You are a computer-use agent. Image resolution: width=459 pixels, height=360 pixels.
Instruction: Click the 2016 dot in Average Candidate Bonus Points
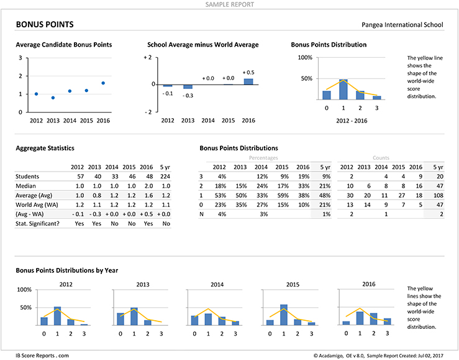pyautogui.click(x=103, y=83)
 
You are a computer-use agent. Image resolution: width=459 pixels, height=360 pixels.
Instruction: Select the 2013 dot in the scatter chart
pyautogui.click(x=53, y=98)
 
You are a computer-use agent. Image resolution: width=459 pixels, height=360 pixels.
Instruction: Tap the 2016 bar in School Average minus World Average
pyautogui.click(x=248, y=81)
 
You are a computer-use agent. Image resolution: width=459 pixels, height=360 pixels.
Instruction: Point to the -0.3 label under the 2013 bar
pyautogui.click(x=188, y=96)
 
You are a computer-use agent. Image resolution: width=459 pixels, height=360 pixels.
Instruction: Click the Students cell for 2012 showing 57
pyautogui.click(x=81, y=177)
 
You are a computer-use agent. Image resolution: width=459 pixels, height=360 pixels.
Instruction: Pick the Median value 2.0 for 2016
pyautogui.click(x=148, y=186)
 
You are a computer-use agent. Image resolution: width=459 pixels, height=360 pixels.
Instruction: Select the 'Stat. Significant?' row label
pyautogui.click(x=37, y=223)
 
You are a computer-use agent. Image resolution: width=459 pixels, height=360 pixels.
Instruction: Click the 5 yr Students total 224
pyautogui.click(x=165, y=177)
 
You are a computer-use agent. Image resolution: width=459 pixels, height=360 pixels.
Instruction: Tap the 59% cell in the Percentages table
pyautogui.click(x=283, y=195)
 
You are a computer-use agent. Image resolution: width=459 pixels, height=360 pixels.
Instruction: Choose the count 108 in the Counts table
pyautogui.click(x=439, y=195)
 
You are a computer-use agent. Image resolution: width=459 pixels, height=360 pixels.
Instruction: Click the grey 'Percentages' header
pyautogui.click(x=263, y=158)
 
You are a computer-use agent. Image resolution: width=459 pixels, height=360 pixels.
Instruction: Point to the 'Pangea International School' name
pyautogui.click(x=402, y=25)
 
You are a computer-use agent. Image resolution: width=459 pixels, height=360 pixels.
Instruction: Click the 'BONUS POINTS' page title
pyautogui.click(x=45, y=25)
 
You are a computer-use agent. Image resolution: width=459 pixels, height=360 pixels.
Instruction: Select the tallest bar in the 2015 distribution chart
pyautogui.click(x=284, y=315)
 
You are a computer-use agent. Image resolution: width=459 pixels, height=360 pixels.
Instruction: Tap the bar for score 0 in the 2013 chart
pyautogui.click(x=120, y=319)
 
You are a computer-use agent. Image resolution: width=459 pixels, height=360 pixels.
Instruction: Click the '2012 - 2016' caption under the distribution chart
pyautogui.click(x=352, y=121)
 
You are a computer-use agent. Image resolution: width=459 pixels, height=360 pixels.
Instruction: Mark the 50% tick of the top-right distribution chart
pyautogui.click(x=306, y=78)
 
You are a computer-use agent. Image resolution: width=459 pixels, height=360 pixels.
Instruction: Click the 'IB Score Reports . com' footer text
pyautogui.click(x=42, y=356)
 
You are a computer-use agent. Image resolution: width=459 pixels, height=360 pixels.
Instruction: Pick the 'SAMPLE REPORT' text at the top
pyautogui.click(x=230, y=4)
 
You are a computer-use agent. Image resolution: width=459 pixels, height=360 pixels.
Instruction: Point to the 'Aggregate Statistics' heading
pyautogui.click(x=45, y=148)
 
